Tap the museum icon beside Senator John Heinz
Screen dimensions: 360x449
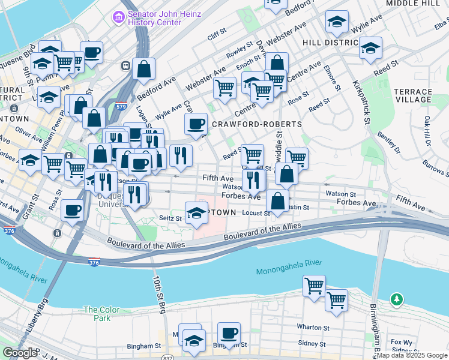pos(118,17)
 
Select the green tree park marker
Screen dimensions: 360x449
pos(396,299)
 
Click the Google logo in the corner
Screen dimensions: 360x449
pos(19,353)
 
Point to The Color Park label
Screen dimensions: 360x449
pos(97,314)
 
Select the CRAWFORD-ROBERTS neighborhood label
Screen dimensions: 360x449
pos(256,124)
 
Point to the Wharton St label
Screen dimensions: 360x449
pos(313,328)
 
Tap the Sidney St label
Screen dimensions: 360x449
pos(312,344)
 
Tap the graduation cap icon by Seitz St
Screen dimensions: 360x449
pos(196,214)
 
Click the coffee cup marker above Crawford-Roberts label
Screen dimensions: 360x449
pos(195,125)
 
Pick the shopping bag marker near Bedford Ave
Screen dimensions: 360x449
pos(144,70)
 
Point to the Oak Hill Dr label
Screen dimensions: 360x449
pos(427,131)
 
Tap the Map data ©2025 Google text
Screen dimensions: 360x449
pos(412,355)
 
